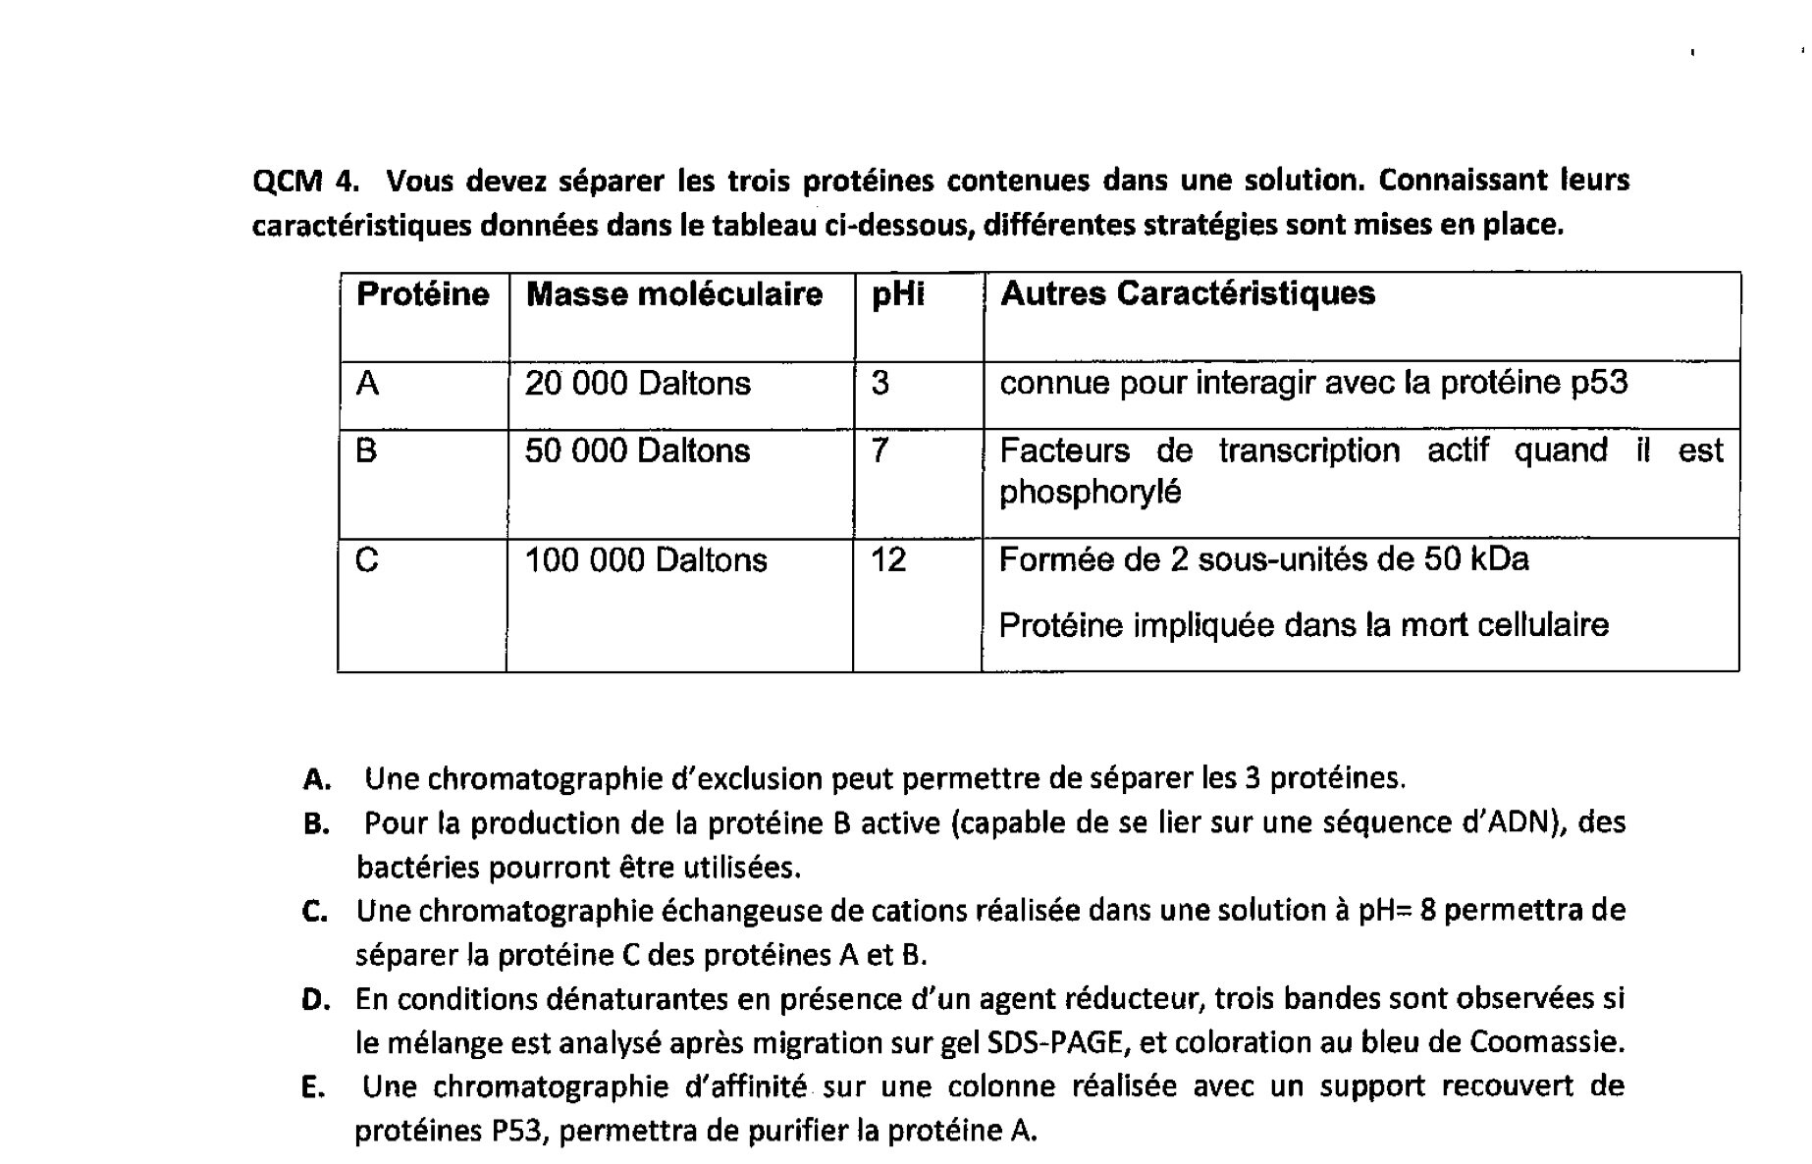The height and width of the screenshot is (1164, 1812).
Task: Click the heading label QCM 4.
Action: click(x=304, y=182)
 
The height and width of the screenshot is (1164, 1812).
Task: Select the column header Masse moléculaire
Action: click(x=673, y=294)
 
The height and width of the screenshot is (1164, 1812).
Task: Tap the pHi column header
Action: click(x=897, y=294)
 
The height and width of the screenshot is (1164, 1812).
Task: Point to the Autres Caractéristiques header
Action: click(x=1187, y=293)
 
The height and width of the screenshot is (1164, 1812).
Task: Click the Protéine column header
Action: click(x=422, y=294)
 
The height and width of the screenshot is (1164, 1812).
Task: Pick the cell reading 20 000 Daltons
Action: click(x=637, y=383)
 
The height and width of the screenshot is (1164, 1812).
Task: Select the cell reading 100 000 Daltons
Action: click(x=645, y=560)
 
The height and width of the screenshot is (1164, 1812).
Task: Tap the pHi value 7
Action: click(x=879, y=450)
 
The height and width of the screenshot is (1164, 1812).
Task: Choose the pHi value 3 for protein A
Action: click(x=879, y=383)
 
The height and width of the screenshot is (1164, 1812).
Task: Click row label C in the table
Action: click(x=366, y=560)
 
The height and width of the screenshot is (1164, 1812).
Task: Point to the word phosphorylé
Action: click(x=1090, y=492)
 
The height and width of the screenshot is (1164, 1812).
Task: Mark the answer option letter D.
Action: click(x=314, y=1000)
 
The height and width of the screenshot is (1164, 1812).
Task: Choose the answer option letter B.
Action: click(x=315, y=824)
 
